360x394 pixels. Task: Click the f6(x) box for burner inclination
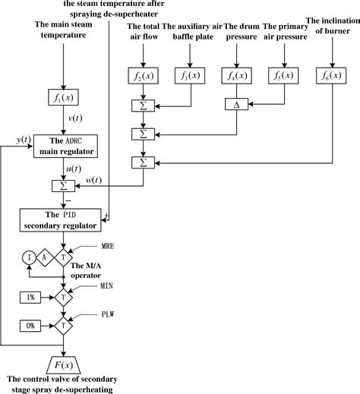point(331,76)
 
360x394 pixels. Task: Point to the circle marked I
point(30,257)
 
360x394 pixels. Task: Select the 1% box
point(30,296)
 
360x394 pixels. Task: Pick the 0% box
point(30,325)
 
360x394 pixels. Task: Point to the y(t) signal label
point(24,140)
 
